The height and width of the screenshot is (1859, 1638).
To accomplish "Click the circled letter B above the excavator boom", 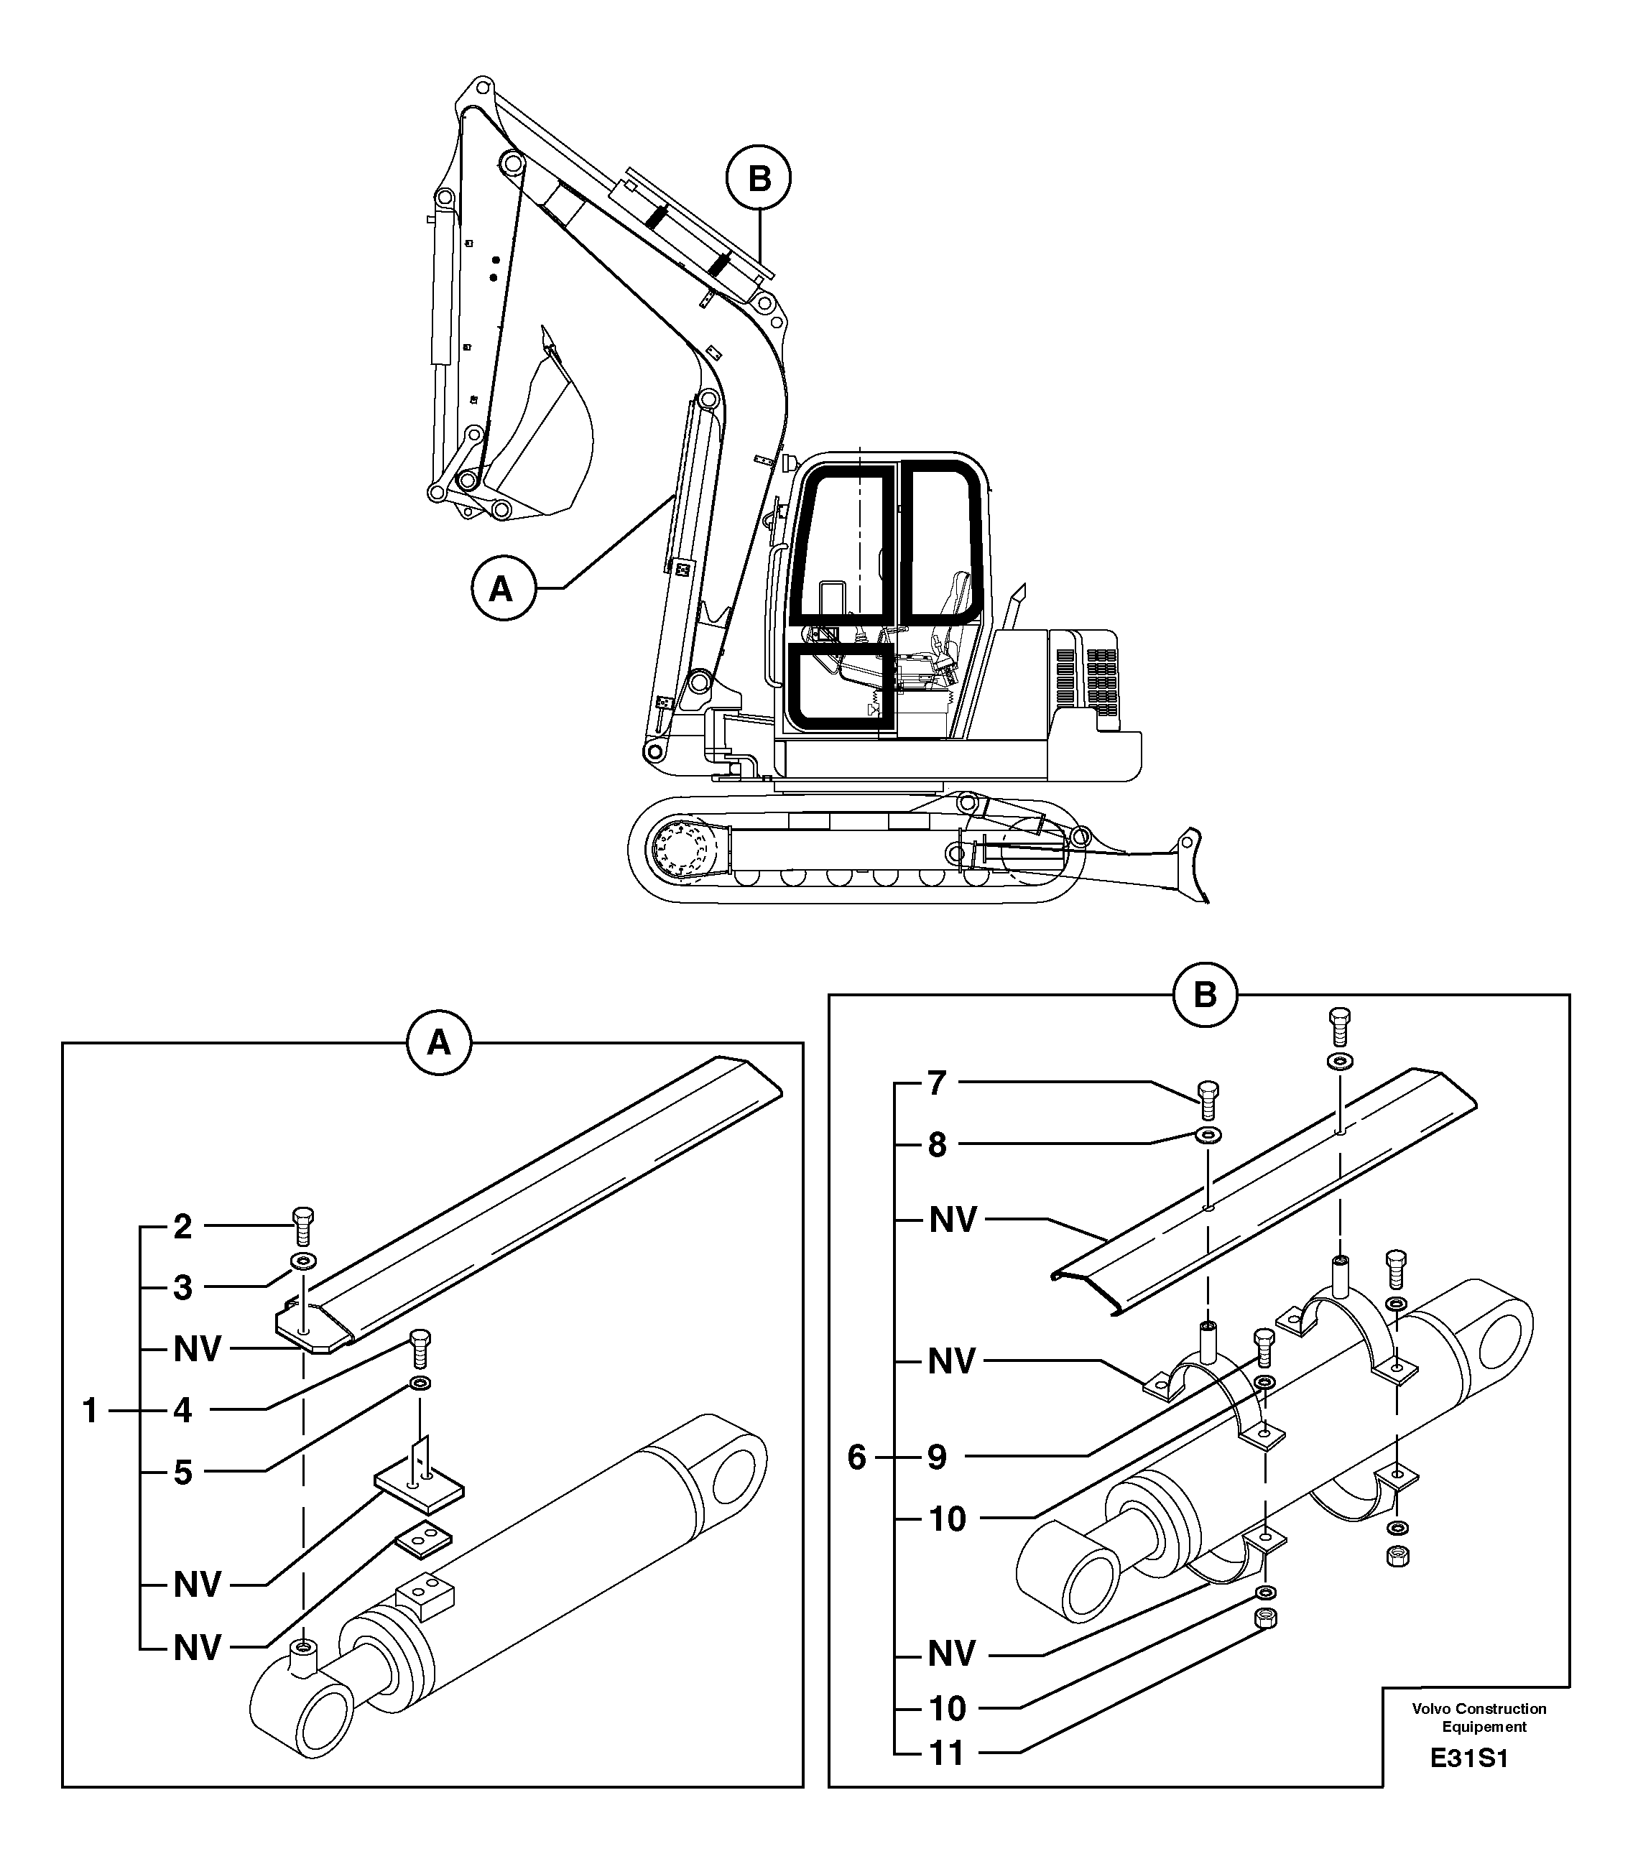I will click(759, 179).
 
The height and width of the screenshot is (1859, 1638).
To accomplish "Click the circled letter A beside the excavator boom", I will click(501, 589).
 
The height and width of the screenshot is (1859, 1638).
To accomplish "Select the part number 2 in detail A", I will click(182, 1227).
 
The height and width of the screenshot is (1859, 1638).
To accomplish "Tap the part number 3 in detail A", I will click(182, 1288).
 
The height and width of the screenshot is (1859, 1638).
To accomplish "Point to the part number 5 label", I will click(182, 1473).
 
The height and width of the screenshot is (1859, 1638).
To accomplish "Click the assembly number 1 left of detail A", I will click(90, 1411).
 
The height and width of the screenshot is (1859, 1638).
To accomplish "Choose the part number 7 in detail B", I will click(938, 1083).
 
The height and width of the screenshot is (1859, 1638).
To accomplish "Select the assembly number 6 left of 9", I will click(857, 1458).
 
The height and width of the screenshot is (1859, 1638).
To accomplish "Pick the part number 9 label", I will click(938, 1458).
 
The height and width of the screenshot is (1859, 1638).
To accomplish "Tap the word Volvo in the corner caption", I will click(1430, 1709).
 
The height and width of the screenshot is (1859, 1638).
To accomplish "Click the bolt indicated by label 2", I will click(304, 1227).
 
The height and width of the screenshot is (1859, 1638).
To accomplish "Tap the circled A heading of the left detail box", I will click(438, 1043).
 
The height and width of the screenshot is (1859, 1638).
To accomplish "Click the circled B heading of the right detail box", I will click(1204, 995).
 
